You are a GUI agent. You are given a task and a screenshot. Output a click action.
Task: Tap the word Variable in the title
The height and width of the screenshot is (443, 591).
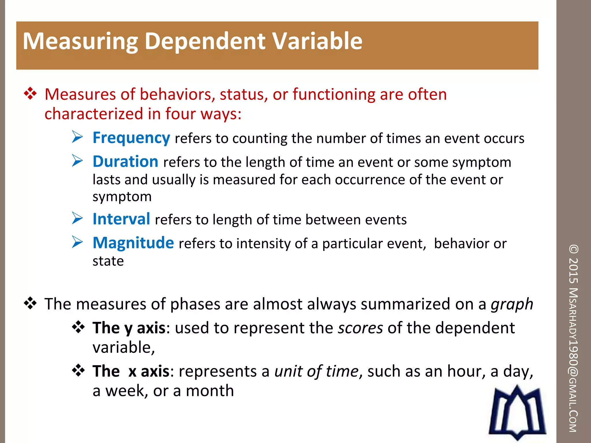point(317,41)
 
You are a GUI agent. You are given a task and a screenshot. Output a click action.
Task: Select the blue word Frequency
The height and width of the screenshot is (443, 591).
point(131,138)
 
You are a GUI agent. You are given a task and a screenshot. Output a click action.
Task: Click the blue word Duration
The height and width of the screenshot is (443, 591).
point(125,162)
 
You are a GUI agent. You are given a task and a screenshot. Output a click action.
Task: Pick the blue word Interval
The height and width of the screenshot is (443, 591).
point(121,219)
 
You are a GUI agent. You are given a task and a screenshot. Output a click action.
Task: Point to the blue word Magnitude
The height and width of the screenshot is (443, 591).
point(133,243)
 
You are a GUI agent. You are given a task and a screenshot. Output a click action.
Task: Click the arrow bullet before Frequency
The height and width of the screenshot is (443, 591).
point(77,137)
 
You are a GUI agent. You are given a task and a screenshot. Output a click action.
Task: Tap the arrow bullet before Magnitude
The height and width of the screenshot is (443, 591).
point(77,242)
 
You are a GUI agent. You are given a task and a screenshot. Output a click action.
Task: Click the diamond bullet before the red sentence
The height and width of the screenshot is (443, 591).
point(30,94)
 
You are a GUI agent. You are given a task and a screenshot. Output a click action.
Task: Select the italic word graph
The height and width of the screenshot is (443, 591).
point(512,304)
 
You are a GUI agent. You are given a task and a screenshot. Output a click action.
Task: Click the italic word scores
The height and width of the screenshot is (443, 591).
point(360,328)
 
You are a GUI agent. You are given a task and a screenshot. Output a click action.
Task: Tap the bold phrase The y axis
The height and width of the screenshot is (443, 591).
point(129,328)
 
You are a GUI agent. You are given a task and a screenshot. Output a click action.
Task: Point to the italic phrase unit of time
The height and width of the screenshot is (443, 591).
point(316,371)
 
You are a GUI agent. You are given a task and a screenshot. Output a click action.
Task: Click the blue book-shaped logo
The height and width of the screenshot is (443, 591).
point(517,412)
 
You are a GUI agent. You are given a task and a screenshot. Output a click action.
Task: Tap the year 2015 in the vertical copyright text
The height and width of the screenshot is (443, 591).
point(574,270)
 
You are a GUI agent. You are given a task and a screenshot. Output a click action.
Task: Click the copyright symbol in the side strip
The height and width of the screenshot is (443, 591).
point(574,249)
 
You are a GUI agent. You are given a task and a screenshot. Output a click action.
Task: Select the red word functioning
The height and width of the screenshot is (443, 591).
point(334,95)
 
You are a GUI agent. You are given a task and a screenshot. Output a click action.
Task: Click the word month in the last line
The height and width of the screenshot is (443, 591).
point(210,391)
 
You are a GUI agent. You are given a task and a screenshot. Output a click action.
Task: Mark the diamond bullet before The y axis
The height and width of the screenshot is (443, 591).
point(78,328)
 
